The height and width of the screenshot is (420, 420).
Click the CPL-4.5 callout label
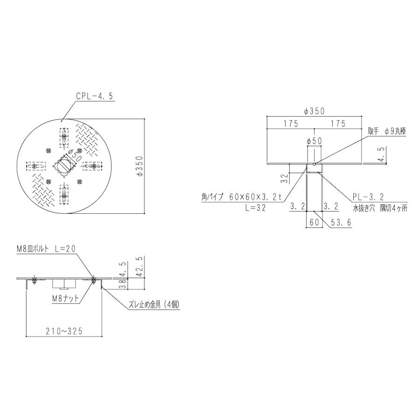tap(95, 96)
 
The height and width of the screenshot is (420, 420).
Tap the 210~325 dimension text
tap(64, 331)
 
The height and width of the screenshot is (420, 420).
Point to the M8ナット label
tap(66, 298)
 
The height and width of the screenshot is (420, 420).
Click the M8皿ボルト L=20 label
tap(46, 249)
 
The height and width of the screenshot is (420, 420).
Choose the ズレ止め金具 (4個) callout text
tap(154, 304)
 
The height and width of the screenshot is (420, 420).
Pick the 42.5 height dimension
tap(140, 266)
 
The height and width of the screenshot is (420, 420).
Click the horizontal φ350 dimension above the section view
tap(315, 111)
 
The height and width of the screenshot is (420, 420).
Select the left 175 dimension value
tap(291, 124)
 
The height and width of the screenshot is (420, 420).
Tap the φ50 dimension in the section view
tap(315, 141)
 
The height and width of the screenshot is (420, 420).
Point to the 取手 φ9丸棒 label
tap(387, 131)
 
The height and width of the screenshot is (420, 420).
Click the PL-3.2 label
tap(368, 197)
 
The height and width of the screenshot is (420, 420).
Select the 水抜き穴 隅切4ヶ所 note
tap(380, 209)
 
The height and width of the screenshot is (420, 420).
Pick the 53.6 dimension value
tap(341, 222)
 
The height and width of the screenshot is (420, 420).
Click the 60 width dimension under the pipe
tap(315, 222)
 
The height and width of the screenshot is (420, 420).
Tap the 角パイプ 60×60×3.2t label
tap(242, 197)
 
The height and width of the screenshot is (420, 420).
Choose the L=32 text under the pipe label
tap(256, 208)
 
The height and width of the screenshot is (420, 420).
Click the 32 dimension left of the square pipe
tap(285, 178)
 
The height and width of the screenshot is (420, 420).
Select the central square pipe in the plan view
tap(64, 166)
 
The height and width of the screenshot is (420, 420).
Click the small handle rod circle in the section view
tap(315, 164)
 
